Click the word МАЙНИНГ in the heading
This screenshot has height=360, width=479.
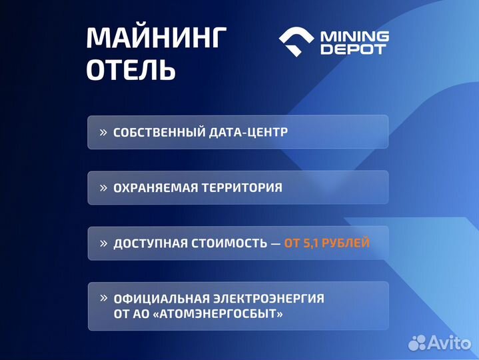156,39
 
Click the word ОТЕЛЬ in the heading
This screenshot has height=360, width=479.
131,70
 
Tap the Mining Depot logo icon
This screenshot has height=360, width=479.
296,43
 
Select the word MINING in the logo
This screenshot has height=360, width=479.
354,37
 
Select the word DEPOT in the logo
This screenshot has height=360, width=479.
353,50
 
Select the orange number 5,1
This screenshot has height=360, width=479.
310,243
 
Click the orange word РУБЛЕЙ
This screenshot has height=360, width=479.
346,243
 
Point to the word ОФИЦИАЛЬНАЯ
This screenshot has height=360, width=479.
157,299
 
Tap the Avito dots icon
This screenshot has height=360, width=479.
418,343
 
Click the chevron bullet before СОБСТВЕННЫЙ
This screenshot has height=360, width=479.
103,132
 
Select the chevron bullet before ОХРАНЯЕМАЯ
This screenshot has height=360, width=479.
103,188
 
